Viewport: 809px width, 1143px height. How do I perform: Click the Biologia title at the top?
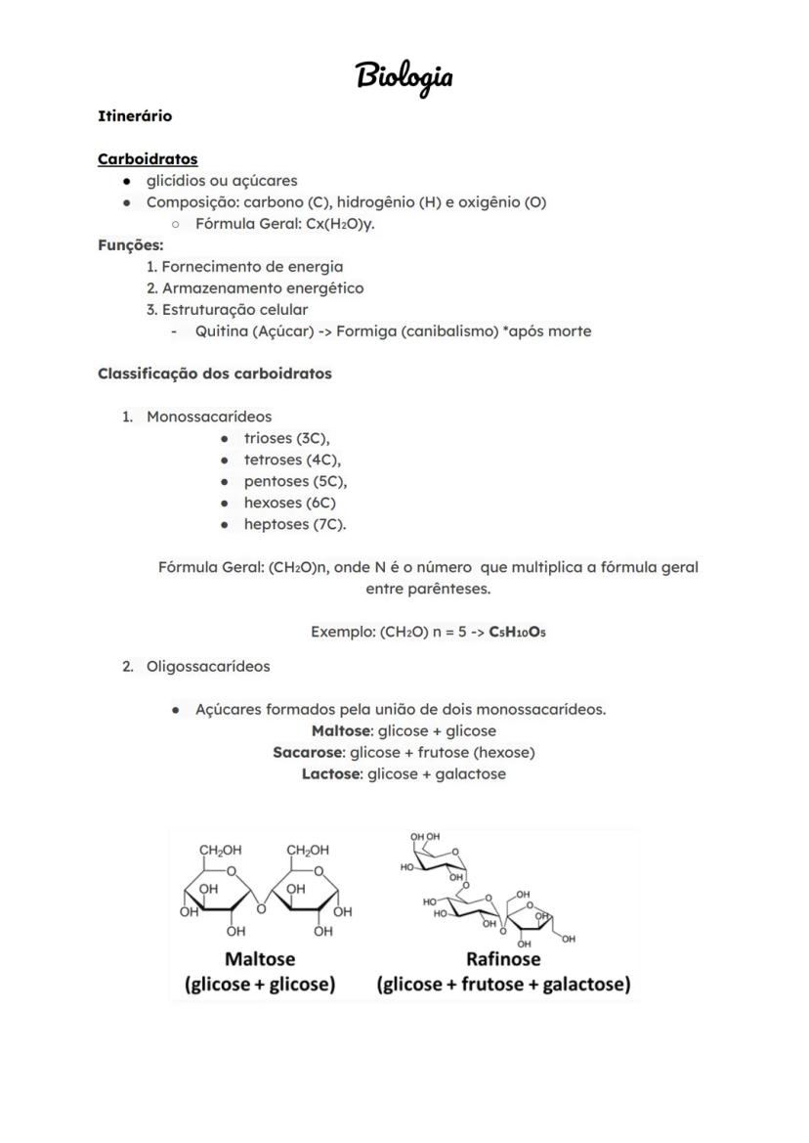pyautogui.click(x=404, y=76)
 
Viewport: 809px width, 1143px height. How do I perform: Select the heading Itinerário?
pyautogui.click(x=135, y=116)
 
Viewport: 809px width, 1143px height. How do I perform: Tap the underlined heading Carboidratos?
pyautogui.click(x=148, y=158)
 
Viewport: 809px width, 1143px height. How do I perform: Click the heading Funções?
pyautogui.click(x=131, y=245)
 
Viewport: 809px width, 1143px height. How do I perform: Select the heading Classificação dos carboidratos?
pyautogui.click(x=215, y=374)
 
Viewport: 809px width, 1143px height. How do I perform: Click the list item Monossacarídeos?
pyautogui.click(x=209, y=417)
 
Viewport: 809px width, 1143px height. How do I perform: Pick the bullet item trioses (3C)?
pyautogui.click(x=286, y=439)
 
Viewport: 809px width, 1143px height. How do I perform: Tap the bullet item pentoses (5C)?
pyautogui.click(x=295, y=482)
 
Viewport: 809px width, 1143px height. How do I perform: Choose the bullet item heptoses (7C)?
pyautogui.click(x=294, y=525)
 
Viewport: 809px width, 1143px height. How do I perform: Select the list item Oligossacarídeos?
pyautogui.click(x=208, y=667)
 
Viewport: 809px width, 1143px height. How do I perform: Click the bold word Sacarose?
pyautogui.click(x=308, y=753)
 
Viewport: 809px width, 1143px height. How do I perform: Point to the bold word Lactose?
pyautogui.click(x=332, y=774)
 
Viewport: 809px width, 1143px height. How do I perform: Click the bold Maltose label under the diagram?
pyautogui.click(x=260, y=958)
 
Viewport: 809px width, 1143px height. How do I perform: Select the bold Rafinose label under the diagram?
pyautogui.click(x=503, y=958)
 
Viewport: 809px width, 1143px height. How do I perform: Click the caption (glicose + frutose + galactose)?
pyautogui.click(x=503, y=985)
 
